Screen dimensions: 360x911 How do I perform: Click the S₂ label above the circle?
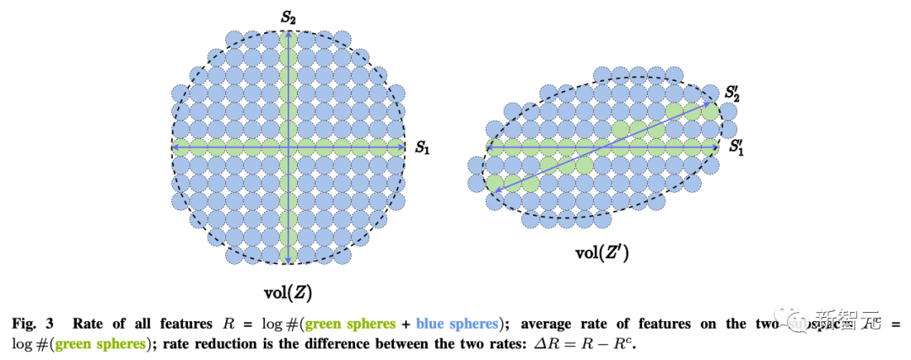pos(288,17)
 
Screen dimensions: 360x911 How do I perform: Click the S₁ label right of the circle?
pos(423,147)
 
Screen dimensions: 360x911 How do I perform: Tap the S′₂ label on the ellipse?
pos(734,92)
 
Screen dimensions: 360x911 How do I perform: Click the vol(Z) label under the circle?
pos(289,293)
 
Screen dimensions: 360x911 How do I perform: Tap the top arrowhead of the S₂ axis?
pos(288,33)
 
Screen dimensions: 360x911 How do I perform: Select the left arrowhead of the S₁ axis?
pos(175,147)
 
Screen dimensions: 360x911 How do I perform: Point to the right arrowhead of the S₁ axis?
pos(403,147)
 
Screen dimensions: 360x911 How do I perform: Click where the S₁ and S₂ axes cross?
pos(288,147)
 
